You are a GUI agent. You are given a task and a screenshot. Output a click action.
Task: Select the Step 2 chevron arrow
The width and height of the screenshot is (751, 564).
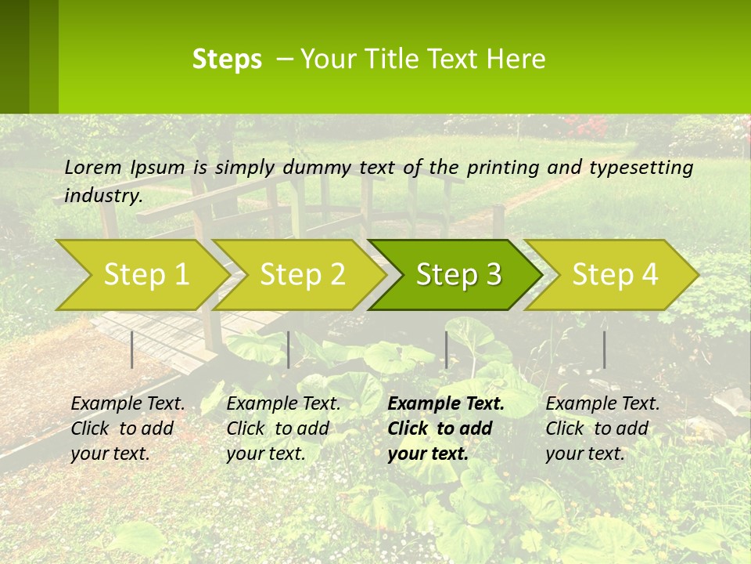[x=302, y=275]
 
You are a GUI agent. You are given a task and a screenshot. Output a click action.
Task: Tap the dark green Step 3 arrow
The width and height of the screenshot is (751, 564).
[x=458, y=275]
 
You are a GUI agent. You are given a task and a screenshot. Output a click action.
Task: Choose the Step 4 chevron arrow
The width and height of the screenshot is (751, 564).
[x=615, y=275]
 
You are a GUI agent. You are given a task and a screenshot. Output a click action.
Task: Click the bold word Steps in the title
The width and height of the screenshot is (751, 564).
[x=227, y=60]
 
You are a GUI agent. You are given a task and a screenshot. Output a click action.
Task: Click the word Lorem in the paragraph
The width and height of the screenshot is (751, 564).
[x=92, y=167]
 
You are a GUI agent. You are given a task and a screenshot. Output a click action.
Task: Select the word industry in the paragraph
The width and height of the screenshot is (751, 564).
[x=102, y=195]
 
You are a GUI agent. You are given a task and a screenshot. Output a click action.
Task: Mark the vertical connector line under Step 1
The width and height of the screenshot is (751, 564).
[x=132, y=349]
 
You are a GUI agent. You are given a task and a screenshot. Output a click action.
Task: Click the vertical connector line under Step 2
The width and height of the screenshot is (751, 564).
[x=289, y=349]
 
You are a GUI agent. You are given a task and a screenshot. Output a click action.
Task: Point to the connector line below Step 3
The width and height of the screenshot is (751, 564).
[x=446, y=349]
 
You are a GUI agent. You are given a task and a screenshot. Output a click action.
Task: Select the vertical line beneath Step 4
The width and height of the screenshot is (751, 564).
[x=604, y=349]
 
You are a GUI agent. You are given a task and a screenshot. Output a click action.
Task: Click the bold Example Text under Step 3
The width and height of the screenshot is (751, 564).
[x=446, y=404]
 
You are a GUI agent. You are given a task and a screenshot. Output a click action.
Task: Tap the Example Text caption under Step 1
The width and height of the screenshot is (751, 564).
[x=128, y=404]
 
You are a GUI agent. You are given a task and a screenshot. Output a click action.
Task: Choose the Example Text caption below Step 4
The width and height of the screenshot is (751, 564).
[x=602, y=404]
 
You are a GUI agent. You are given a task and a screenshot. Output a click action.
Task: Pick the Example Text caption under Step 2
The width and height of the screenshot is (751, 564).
[x=283, y=404]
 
